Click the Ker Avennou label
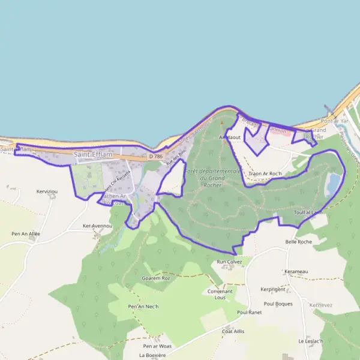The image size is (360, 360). pos(97,226)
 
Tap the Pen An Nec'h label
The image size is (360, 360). pos(143,307)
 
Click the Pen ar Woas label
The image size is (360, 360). pos(157,346)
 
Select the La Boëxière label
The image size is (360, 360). pos(152,355)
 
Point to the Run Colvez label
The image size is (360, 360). pos(229,262)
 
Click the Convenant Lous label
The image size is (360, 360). pos(220,294)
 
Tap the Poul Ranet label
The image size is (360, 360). pos(250,312)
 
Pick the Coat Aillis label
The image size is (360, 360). pos(234,331)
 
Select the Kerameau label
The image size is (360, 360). pos(296,271)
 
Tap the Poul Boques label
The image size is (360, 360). pos(278,304)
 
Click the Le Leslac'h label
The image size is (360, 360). pos(310,341)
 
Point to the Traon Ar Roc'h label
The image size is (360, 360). pos(265,173)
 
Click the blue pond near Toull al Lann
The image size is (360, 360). pos(332,185)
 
